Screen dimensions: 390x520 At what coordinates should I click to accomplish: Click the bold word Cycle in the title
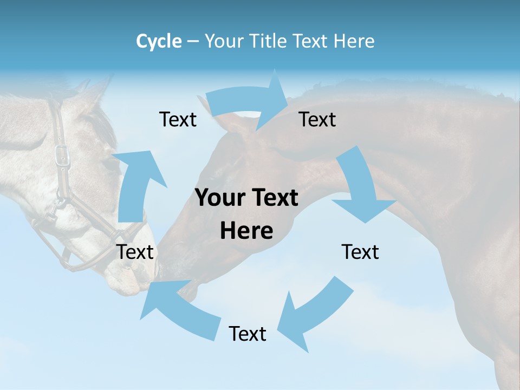[159, 41]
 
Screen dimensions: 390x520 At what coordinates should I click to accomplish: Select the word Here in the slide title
[354, 41]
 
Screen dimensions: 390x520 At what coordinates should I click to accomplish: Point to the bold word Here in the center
[246, 231]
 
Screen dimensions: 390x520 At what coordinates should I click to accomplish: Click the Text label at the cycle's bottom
[248, 334]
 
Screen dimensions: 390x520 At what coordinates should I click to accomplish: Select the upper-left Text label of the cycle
[178, 119]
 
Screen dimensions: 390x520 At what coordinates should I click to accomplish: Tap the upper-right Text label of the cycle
[317, 119]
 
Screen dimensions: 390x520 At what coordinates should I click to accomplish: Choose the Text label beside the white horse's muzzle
[135, 252]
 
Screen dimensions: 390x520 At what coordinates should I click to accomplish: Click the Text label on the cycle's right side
[360, 252]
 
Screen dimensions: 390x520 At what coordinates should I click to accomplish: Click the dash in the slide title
[193, 42]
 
